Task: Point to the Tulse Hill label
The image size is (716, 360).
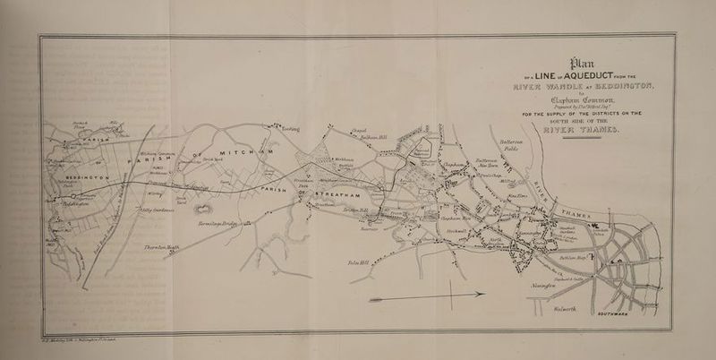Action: (345, 262)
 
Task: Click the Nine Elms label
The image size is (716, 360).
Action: (516, 194)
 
